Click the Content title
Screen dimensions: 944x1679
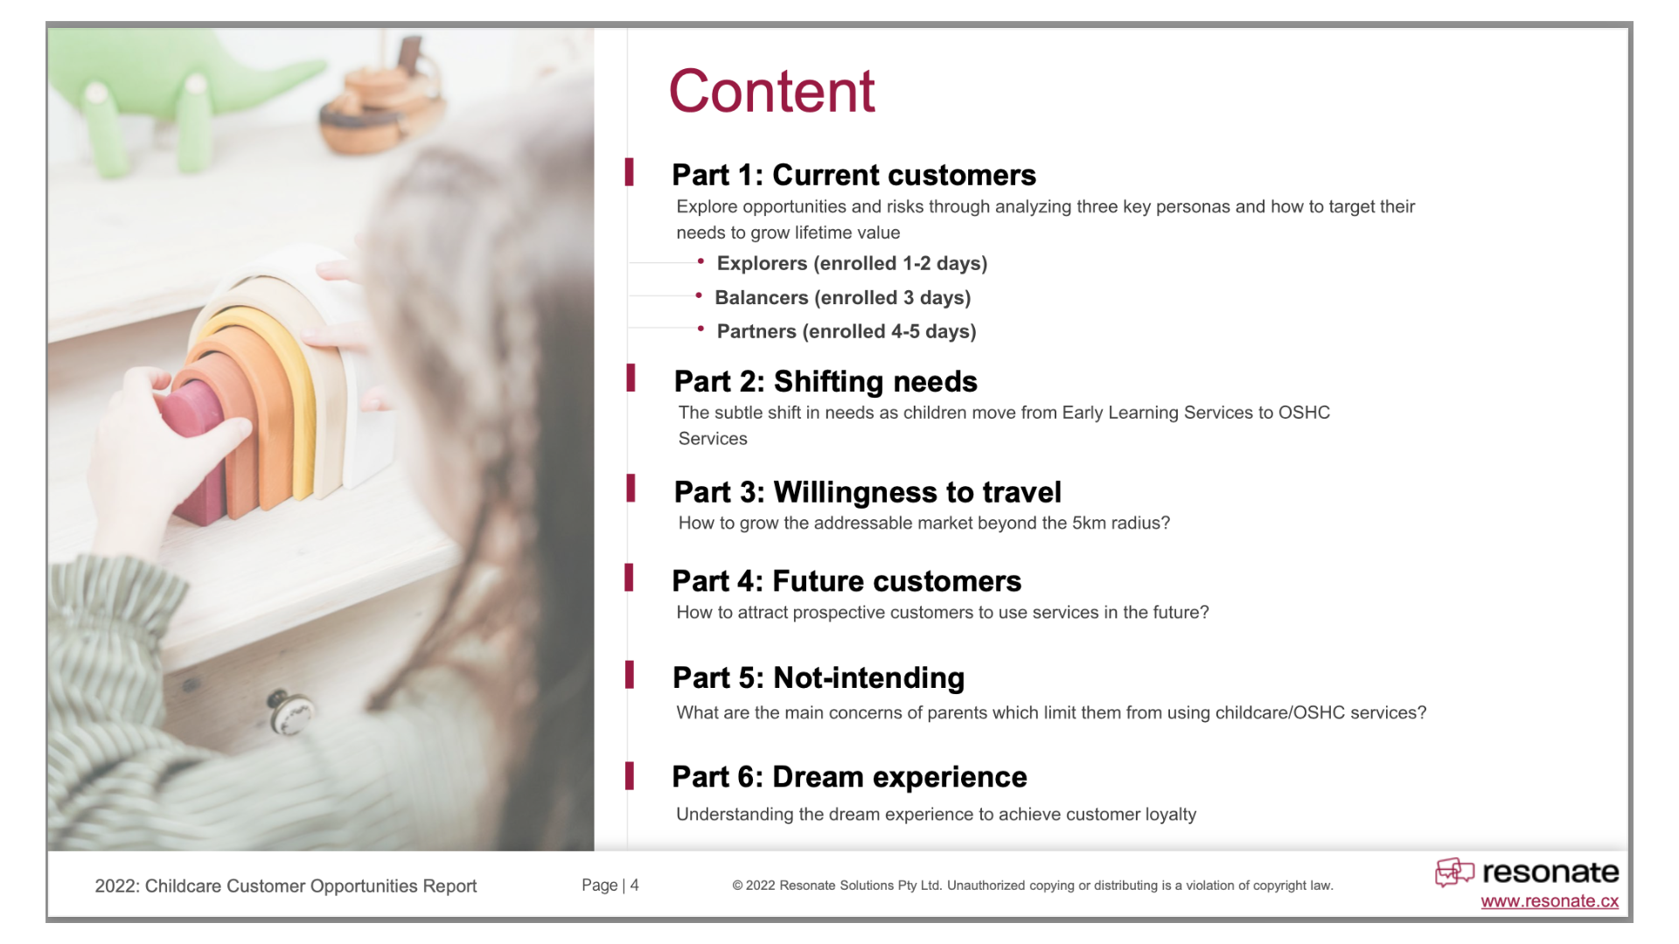(771, 91)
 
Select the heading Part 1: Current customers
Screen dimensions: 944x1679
(853, 175)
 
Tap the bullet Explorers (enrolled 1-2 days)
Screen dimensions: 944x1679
(851, 263)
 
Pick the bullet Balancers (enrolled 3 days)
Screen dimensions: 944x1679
(842, 297)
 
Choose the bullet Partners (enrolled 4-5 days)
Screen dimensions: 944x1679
(846, 331)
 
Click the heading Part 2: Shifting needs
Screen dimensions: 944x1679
(826, 381)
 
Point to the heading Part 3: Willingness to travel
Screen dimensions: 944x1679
(867, 492)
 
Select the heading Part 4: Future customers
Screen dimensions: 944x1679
(846, 581)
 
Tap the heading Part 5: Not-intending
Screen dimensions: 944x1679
(819, 677)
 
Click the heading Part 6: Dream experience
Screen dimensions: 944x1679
(849, 777)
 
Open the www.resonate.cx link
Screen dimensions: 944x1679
(1549, 901)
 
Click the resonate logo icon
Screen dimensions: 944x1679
(1454, 871)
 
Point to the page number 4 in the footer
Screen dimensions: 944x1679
(635, 885)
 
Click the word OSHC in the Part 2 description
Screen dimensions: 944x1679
(1304, 413)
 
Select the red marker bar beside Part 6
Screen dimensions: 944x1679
(629, 776)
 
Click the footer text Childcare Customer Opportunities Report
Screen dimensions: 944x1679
(310, 885)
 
